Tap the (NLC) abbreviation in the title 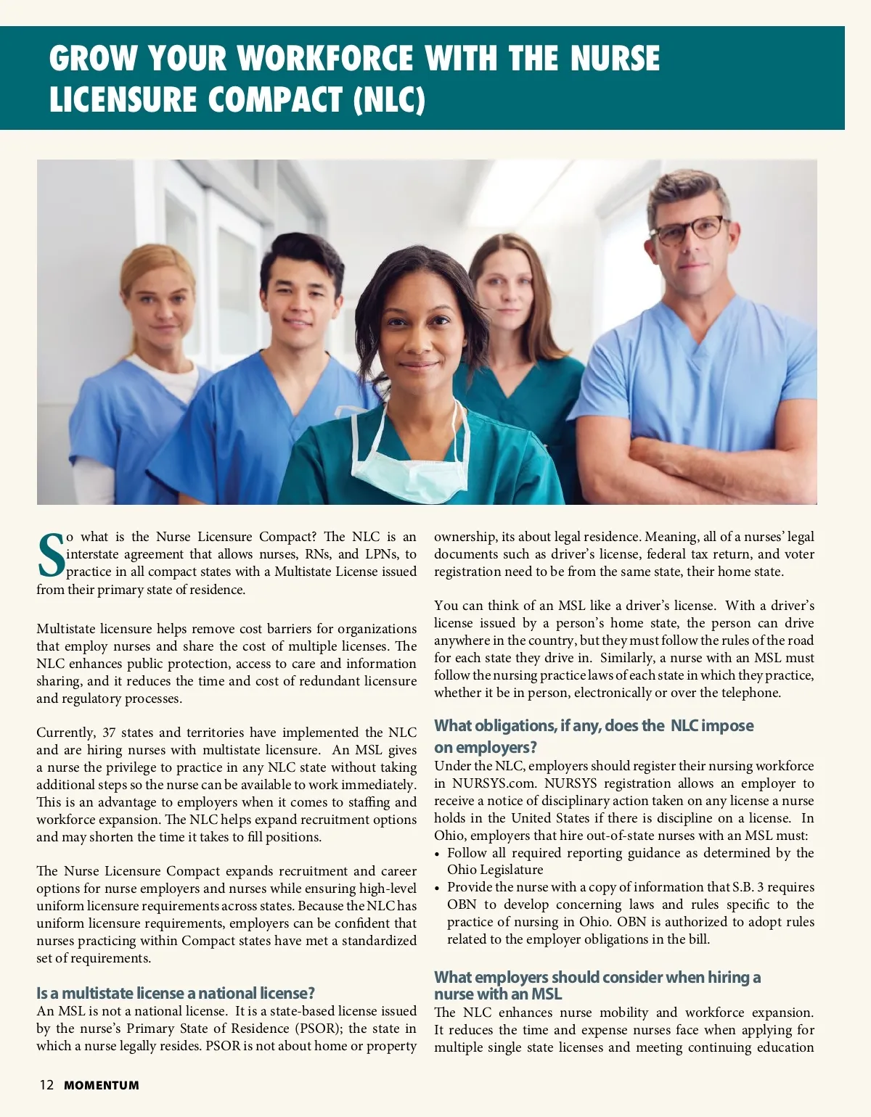[388, 99]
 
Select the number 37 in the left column [109, 733]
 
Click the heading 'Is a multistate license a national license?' [176, 993]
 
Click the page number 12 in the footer [46, 1085]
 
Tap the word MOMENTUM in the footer [102, 1086]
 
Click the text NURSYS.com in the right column [493, 783]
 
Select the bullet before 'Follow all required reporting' [438, 854]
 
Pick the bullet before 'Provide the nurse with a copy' [438, 888]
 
